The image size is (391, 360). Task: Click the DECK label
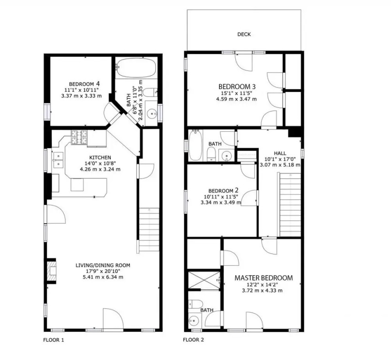[244, 34]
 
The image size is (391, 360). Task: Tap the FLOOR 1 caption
[53, 340]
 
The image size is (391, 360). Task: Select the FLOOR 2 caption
[193, 340]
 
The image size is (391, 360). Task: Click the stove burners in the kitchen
[79, 138]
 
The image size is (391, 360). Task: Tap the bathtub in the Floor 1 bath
[136, 67]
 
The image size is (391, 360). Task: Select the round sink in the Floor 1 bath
[151, 114]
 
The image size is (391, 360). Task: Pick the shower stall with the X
[204, 280]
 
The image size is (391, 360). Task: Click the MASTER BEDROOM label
[263, 278]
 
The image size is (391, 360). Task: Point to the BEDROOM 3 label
[237, 87]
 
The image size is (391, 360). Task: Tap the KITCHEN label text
[100, 157]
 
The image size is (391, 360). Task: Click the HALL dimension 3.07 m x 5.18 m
[280, 165]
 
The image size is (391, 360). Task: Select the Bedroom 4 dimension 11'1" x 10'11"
[82, 90]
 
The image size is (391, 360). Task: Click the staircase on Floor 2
[290, 205]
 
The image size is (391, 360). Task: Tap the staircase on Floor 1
[149, 230]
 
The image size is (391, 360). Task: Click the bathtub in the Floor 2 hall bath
[195, 145]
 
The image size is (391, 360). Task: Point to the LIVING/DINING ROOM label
[103, 265]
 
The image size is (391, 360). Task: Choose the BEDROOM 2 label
[224, 190]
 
